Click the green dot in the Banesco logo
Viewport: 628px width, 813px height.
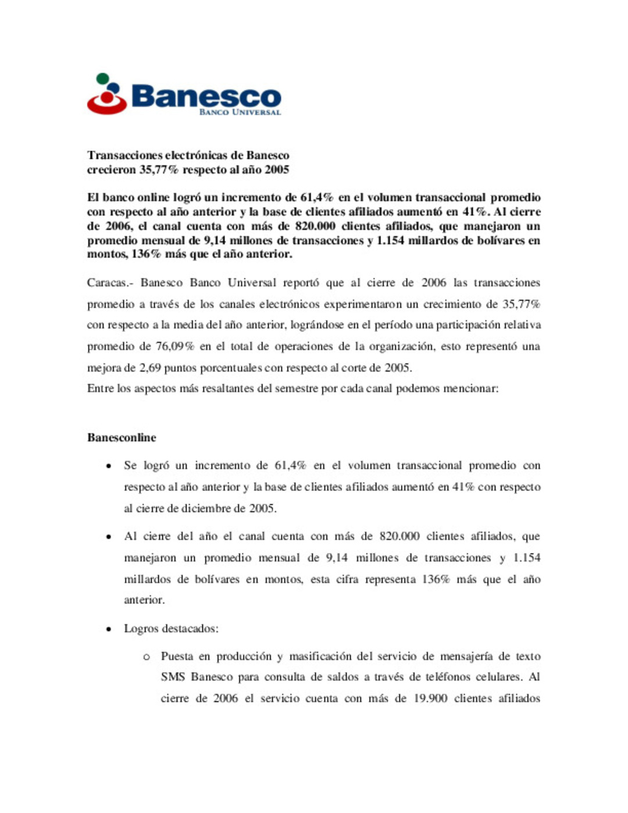[103, 78]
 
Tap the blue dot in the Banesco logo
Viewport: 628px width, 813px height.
[114, 88]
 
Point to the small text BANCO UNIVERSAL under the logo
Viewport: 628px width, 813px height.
[240, 112]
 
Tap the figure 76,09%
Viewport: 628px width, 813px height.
[174, 347]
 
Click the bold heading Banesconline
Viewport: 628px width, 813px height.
[122, 438]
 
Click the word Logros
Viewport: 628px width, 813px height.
[141, 629]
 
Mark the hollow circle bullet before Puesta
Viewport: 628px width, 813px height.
[147, 657]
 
